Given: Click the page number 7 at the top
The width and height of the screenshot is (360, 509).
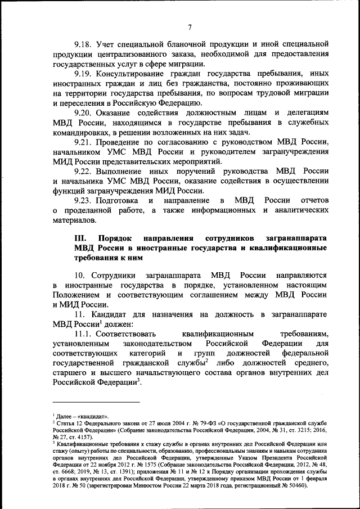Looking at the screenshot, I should click(x=190, y=28).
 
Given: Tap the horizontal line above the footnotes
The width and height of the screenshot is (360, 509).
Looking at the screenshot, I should click(x=96, y=402).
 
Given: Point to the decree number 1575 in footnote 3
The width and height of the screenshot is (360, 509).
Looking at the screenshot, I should click(x=134, y=465).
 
